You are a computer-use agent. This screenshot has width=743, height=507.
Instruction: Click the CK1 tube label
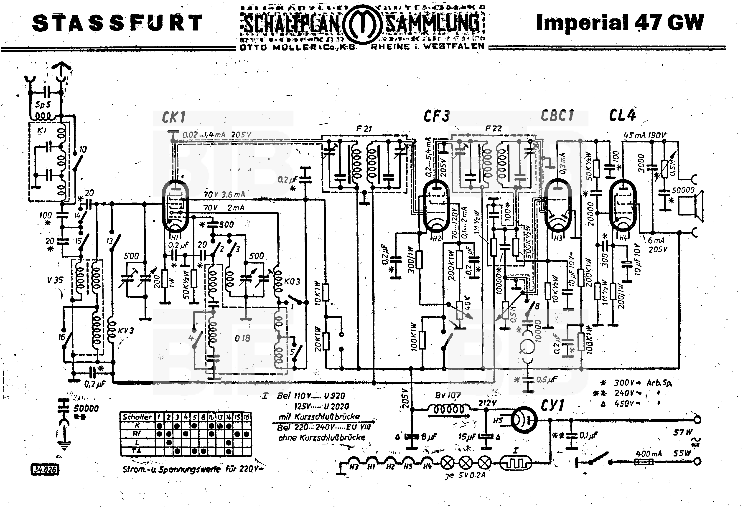174,118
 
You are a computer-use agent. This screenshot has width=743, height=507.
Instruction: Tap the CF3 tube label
436,116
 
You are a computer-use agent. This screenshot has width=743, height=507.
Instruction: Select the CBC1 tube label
557,115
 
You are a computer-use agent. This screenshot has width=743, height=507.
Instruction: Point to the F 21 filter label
364,129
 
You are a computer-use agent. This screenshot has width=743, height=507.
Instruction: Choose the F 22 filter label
493,129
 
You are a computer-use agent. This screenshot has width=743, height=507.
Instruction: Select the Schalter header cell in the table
137,417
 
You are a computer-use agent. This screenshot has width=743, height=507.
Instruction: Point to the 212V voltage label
487,403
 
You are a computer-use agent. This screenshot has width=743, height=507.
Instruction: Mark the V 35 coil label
55,280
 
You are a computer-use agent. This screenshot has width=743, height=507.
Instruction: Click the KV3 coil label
126,331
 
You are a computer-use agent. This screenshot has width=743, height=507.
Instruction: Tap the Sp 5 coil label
43,104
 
